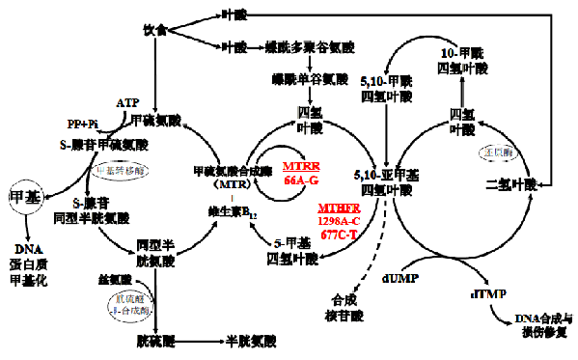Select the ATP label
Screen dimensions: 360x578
coord(127,102)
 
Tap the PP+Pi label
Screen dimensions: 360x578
coord(82,125)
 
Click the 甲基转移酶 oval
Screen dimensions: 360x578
coord(123,170)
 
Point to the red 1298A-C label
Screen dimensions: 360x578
coord(340,220)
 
